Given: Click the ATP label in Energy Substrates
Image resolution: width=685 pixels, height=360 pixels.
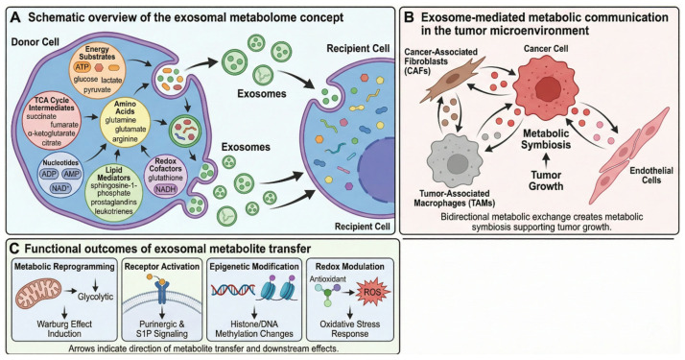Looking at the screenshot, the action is click(x=82, y=67).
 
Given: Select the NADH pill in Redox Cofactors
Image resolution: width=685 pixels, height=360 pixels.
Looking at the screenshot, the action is click(x=167, y=190).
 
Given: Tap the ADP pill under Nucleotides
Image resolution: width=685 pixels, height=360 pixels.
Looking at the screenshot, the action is click(x=49, y=175).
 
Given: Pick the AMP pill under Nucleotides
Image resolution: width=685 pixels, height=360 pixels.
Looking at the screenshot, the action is click(x=71, y=175).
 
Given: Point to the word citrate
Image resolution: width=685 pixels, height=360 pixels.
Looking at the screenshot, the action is click(x=52, y=143).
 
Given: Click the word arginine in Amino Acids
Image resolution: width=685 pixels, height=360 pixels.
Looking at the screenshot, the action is click(x=127, y=139).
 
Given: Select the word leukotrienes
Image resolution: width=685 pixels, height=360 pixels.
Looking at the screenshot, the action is click(x=113, y=211).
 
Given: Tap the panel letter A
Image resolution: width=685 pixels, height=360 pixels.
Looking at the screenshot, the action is click(x=15, y=18).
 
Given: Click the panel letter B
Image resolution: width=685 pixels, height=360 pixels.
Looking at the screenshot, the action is click(x=409, y=17).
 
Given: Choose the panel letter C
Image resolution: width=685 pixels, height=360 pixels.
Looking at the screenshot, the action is click(x=14, y=249).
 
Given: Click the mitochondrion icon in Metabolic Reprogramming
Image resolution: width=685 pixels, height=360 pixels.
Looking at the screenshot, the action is click(x=38, y=293).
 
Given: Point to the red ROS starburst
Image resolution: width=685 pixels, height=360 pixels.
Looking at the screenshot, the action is click(x=373, y=292).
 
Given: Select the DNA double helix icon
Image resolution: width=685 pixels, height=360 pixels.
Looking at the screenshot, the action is click(x=233, y=291).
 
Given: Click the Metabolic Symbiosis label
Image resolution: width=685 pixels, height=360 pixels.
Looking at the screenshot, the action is click(x=546, y=138).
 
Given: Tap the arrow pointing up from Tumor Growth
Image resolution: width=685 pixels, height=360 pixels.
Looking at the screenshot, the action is click(x=546, y=160).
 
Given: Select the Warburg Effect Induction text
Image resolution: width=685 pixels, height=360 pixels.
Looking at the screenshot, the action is click(x=64, y=328).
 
